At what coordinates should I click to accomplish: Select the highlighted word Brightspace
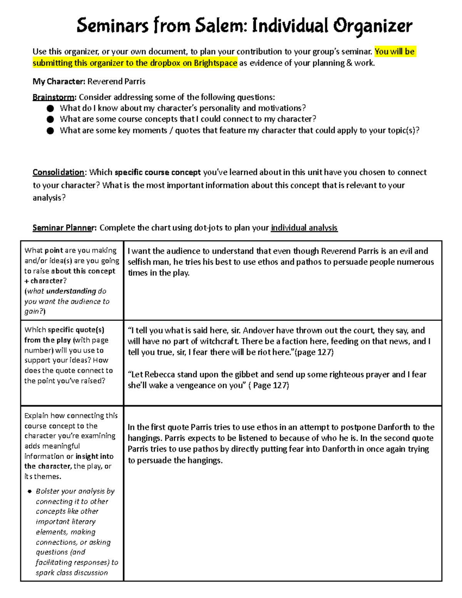(x=215, y=63)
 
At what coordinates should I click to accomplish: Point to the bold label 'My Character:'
(x=59, y=81)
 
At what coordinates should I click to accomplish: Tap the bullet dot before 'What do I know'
(x=50, y=109)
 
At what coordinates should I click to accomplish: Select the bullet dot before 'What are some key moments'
(x=50, y=131)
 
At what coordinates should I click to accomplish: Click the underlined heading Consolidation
(x=59, y=172)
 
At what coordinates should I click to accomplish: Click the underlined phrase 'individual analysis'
(x=304, y=228)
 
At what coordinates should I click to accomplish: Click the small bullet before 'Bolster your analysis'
(x=29, y=492)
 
